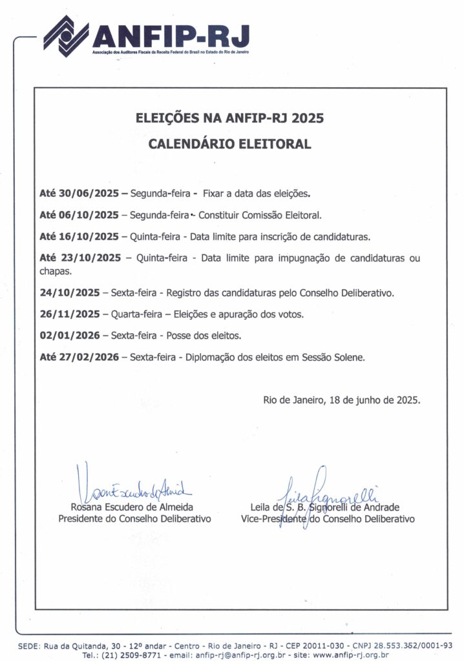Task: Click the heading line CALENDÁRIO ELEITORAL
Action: [229, 144]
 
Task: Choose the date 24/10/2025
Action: [69, 292]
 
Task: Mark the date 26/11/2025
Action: [69, 314]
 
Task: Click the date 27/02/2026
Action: [89, 357]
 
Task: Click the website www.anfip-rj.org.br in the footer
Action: [351, 655]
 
